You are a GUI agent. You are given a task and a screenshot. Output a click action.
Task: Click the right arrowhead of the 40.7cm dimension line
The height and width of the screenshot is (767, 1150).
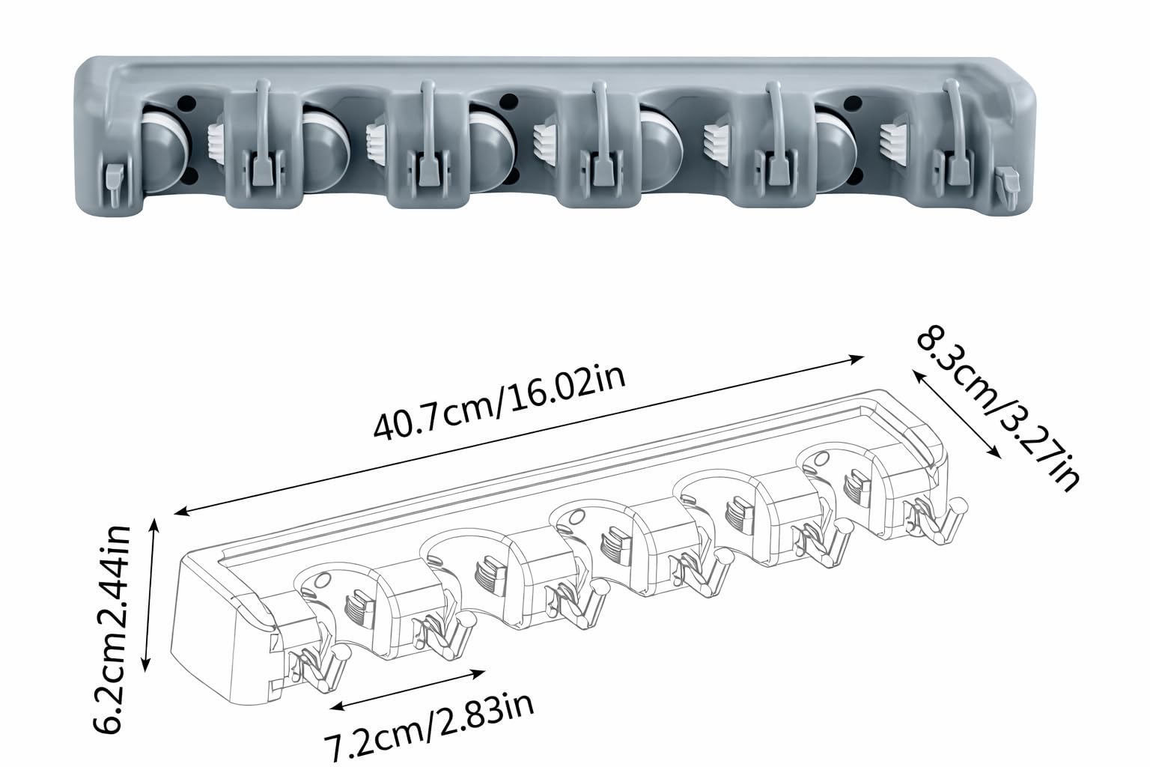(x=857, y=359)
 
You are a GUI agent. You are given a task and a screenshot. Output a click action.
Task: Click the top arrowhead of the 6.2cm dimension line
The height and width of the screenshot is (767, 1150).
(x=155, y=524)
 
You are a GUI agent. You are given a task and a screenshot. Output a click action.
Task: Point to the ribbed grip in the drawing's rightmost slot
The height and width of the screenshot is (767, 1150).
(x=856, y=483)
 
